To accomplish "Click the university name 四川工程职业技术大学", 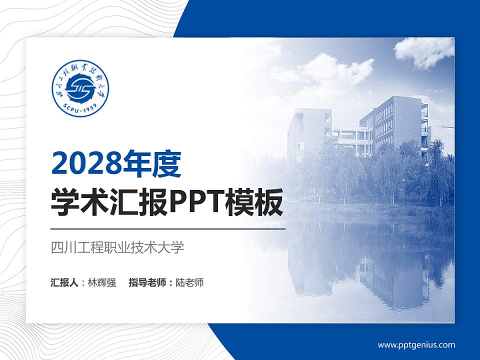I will tap(118, 247).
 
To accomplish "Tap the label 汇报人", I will tap(64, 282).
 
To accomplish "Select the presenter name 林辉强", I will tap(102, 282).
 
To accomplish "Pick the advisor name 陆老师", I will tap(190, 282).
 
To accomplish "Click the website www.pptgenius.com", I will tap(416, 344).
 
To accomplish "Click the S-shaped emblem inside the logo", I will tap(80, 88).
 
